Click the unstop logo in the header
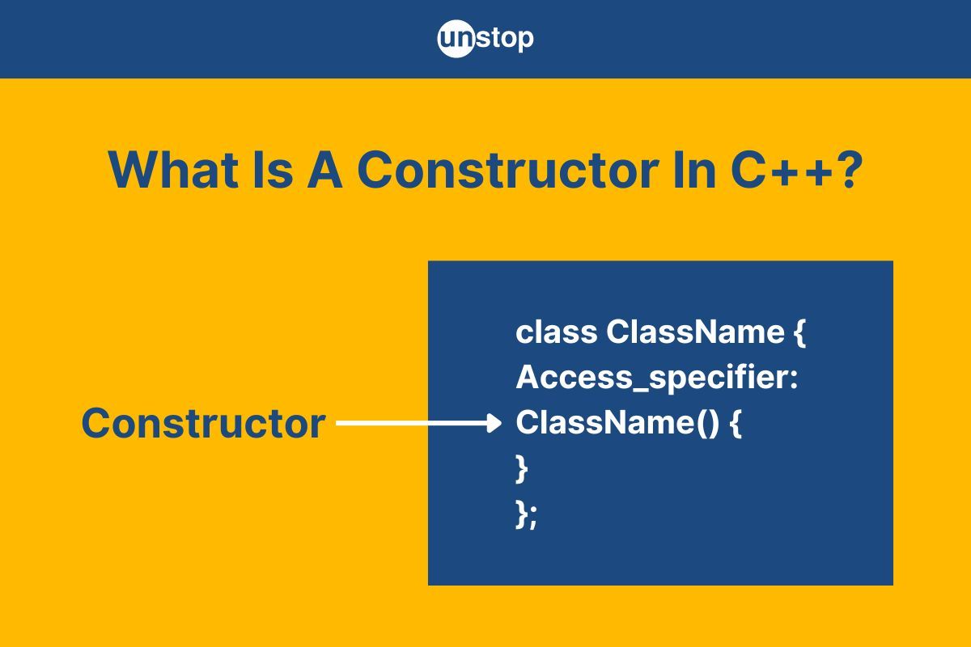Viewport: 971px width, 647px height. [x=485, y=39]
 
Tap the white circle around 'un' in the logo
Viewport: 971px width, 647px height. [x=456, y=39]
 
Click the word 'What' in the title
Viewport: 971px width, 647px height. [x=173, y=170]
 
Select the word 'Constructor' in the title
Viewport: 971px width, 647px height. [x=508, y=170]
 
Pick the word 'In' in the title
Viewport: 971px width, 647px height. [x=694, y=170]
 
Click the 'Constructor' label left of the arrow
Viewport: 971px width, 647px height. [x=203, y=424]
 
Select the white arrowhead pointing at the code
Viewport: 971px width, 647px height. [x=494, y=423]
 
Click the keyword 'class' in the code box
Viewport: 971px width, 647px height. [x=556, y=333]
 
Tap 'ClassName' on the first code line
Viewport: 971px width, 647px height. [x=695, y=333]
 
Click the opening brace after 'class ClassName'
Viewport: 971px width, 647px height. [x=799, y=334]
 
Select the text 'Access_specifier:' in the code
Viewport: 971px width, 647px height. [x=657, y=378]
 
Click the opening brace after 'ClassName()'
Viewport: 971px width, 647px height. [x=736, y=424]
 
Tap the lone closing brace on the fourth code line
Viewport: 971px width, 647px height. [x=521, y=468]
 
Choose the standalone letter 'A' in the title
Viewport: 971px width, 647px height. [x=325, y=170]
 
